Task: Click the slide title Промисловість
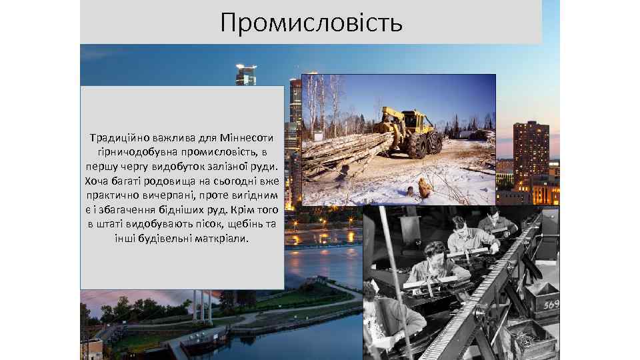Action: [311, 23]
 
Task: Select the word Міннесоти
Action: [244, 139]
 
